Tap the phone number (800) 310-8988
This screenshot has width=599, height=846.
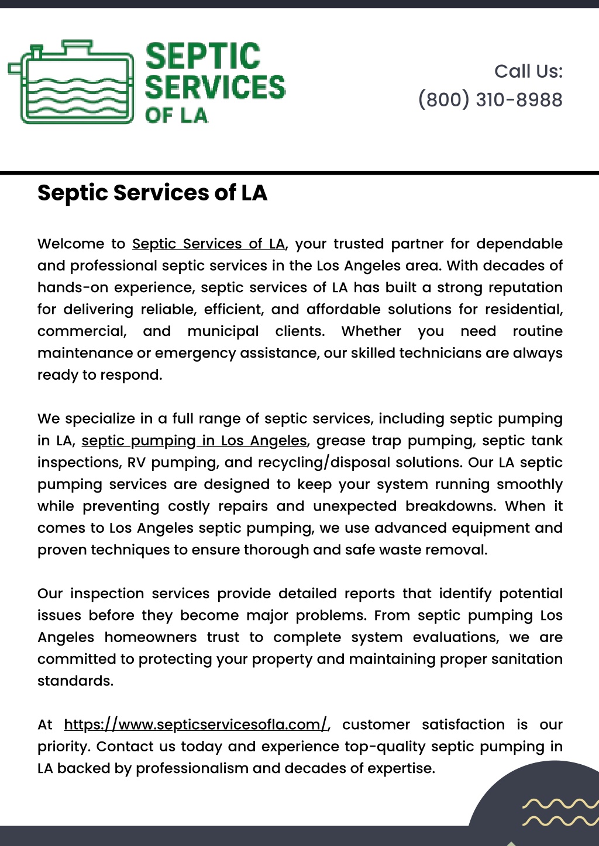click(x=490, y=100)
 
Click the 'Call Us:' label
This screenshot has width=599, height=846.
click(x=528, y=71)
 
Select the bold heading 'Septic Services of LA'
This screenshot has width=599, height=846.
click(x=152, y=193)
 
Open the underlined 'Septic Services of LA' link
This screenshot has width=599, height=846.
click(x=209, y=244)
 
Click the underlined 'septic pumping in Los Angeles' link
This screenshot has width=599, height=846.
click(x=194, y=441)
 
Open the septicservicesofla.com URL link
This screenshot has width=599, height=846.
click(x=196, y=724)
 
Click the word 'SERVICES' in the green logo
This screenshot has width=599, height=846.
click(x=215, y=87)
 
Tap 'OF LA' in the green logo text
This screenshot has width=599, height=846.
click(x=176, y=115)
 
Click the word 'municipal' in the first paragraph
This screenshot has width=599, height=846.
click(x=223, y=331)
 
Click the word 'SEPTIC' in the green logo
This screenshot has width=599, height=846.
click(x=202, y=57)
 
